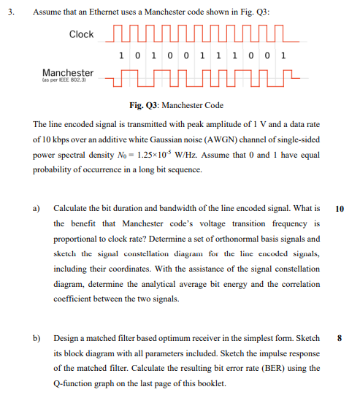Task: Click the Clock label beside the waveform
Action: pyautogui.click(x=82, y=34)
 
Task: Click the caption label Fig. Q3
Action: pyautogui.click(x=145, y=105)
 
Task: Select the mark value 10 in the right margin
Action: pyautogui.click(x=340, y=208)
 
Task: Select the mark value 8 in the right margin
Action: pyautogui.click(x=340, y=338)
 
